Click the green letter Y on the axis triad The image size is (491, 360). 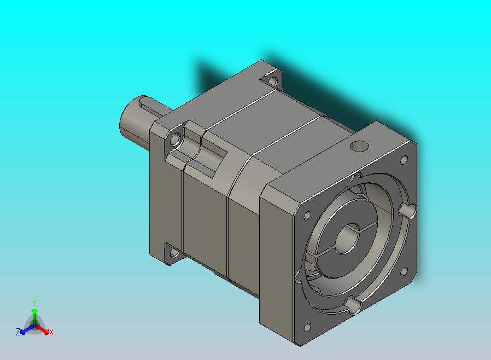[34, 303]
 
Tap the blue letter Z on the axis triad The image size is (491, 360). [18, 332]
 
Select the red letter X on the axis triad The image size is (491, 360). [51, 332]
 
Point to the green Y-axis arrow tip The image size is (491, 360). [34, 311]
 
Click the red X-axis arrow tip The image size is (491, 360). [46, 332]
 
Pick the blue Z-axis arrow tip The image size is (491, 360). [23, 332]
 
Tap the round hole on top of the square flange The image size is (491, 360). [359, 146]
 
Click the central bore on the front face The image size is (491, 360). [347, 239]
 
